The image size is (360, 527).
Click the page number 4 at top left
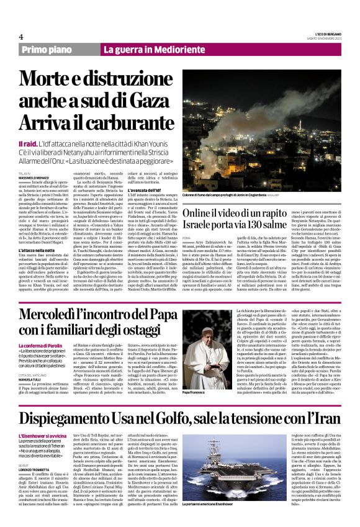[21, 37]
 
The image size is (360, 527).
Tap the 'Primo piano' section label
[49, 50]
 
